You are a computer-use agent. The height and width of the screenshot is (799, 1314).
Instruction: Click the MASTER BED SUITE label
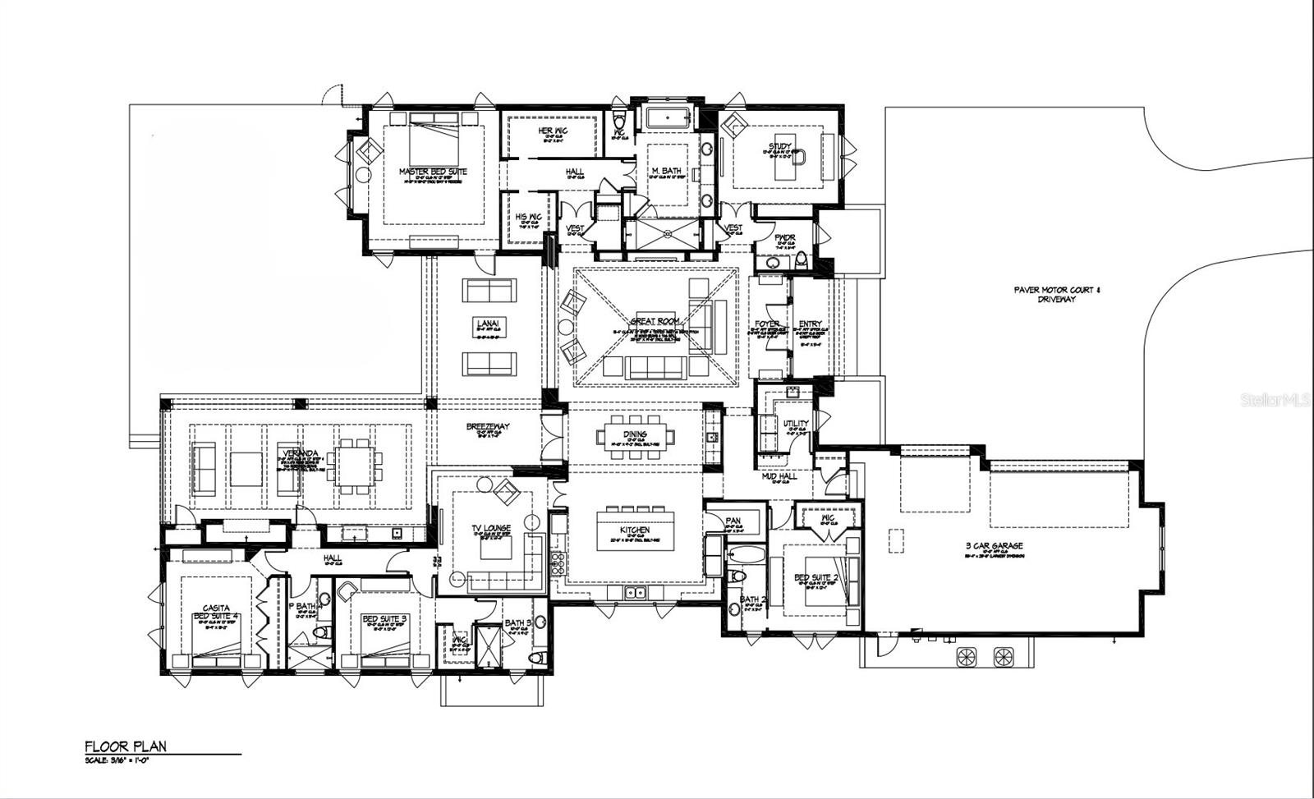coord(433,172)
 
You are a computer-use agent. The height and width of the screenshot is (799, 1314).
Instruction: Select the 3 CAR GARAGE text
coord(994,545)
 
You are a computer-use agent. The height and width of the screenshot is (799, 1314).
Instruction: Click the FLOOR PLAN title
coord(126,746)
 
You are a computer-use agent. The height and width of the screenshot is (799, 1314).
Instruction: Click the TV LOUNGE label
coord(491,528)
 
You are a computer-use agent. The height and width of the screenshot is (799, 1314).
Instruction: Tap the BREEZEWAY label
coord(488,426)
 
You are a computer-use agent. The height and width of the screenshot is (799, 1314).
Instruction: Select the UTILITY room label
coord(795,423)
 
